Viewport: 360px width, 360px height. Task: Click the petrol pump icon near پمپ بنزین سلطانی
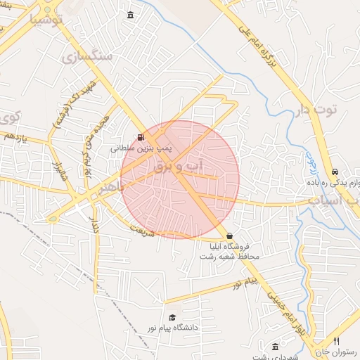click(141, 137)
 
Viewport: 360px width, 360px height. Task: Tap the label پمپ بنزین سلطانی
click(141, 149)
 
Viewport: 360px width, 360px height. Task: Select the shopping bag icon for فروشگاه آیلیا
click(229, 236)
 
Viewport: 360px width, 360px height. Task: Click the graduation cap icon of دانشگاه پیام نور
click(172, 317)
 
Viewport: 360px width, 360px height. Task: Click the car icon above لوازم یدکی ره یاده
click(335, 172)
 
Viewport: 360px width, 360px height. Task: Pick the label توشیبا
click(46, 20)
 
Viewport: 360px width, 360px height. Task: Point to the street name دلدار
click(93, 226)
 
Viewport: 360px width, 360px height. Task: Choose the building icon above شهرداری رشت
click(274, 347)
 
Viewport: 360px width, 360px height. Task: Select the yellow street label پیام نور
click(247, 283)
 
